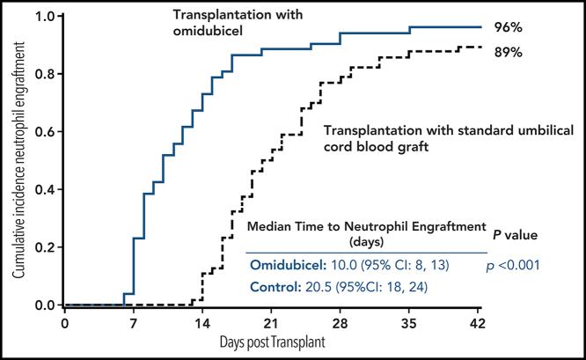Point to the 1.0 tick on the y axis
tap(43, 17)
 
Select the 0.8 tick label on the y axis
tap(43, 75)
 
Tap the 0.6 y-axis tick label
tap(43, 132)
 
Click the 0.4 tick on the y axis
tap(43, 189)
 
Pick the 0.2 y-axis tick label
tap(43, 247)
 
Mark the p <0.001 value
tap(513, 265)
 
